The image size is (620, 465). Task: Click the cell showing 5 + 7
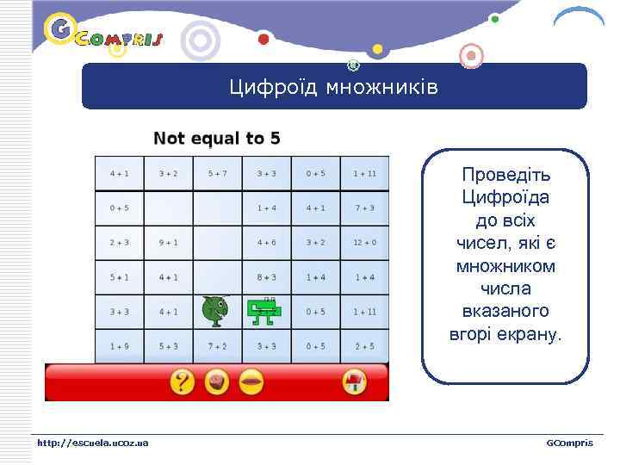[217, 173]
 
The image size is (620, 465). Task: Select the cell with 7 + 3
[363, 208]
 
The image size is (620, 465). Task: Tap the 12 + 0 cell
[363, 242]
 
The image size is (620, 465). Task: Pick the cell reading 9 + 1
[169, 242]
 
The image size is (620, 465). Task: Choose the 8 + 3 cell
[266, 277]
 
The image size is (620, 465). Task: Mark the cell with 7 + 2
[217, 346]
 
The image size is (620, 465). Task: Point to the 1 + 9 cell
[120, 346]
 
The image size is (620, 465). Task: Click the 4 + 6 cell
[266, 242]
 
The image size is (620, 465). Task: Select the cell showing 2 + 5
[363, 346]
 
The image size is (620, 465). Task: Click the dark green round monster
[214, 310]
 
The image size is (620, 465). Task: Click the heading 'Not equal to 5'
[216, 138]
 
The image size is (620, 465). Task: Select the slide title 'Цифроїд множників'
[333, 87]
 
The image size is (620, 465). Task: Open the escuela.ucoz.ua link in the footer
[92, 443]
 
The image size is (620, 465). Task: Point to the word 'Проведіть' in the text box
[505, 175]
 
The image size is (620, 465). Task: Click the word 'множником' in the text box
[505, 266]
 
